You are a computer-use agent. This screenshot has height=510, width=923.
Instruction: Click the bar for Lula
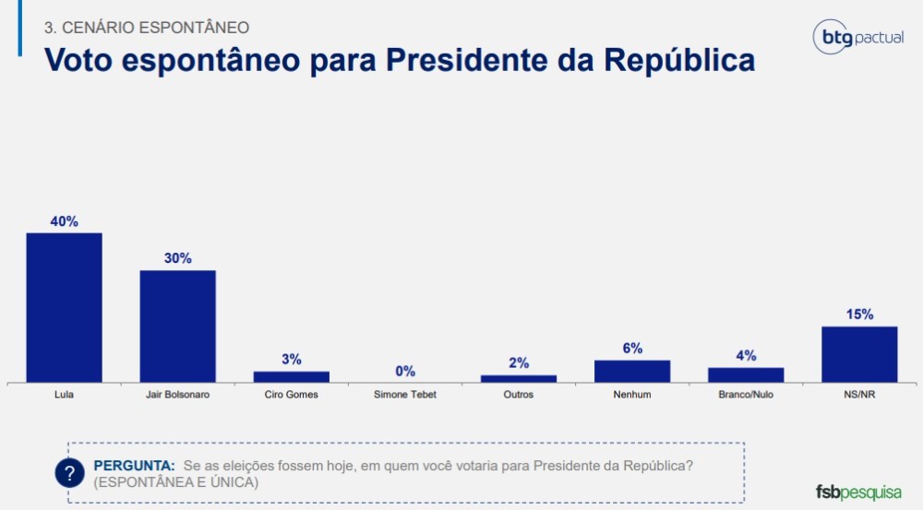click(x=64, y=307)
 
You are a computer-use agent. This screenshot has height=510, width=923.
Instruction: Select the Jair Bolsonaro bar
click(x=177, y=326)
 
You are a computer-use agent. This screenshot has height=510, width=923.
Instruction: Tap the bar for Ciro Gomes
click(x=291, y=376)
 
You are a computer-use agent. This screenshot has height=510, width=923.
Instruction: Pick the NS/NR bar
click(x=859, y=354)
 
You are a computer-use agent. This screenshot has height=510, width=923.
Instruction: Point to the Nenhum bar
click(x=632, y=371)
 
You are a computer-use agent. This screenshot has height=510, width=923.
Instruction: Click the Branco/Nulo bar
click(x=746, y=374)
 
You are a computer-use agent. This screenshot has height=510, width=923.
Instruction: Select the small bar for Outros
click(x=519, y=378)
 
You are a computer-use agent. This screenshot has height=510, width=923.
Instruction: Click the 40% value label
click(x=64, y=221)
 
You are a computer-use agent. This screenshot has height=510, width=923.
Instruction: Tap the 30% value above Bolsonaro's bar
click(x=177, y=258)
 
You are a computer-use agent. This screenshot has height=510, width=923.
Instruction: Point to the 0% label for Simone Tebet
click(x=405, y=371)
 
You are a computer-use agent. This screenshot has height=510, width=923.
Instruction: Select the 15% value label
click(x=859, y=314)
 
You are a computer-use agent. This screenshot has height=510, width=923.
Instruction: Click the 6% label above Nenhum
click(x=632, y=349)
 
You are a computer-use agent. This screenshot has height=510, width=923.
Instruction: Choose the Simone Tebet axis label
click(x=405, y=395)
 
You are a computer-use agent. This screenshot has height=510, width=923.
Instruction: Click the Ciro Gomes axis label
click(x=291, y=395)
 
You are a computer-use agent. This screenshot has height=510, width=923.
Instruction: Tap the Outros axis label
click(x=519, y=395)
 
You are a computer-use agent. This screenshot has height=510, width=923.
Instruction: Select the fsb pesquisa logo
click(x=858, y=492)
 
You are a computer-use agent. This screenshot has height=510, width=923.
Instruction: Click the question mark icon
click(x=69, y=473)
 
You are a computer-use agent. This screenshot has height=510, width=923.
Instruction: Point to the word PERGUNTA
click(x=134, y=466)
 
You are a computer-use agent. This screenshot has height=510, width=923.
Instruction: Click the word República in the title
click(x=679, y=60)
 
